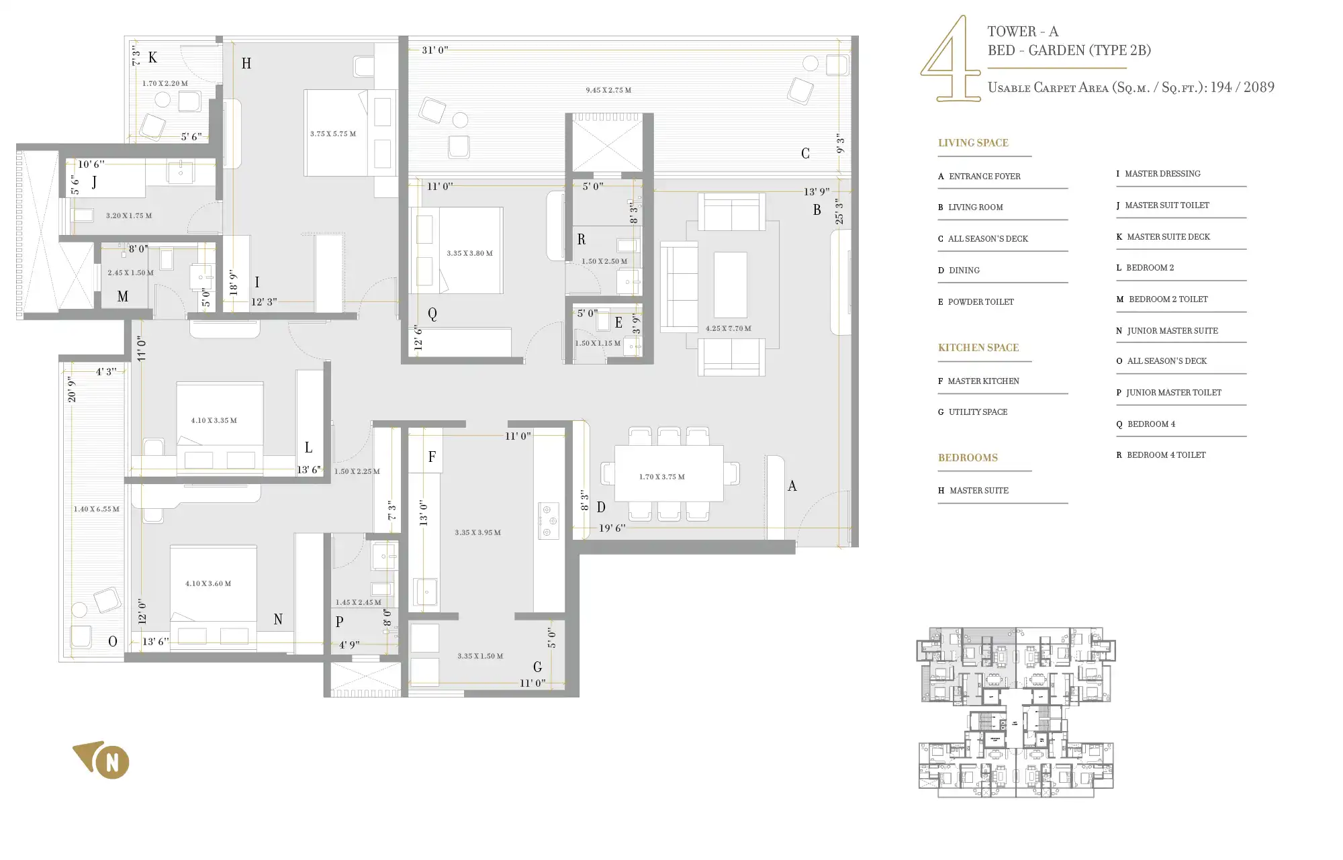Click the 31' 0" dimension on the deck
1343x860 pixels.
(434, 50)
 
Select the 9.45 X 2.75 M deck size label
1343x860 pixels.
(608, 90)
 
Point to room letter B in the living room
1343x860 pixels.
(817, 210)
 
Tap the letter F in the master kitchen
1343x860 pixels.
(432, 457)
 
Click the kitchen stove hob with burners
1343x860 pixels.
(548, 521)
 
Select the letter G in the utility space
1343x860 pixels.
(537, 667)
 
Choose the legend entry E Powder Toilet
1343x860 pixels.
(976, 302)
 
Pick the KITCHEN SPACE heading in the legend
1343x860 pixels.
(978, 348)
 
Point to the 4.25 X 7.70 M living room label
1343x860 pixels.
(728, 328)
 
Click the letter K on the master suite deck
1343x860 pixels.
(152, 58)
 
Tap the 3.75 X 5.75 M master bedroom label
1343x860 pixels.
(333, 134)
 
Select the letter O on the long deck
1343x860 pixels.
(113, 642)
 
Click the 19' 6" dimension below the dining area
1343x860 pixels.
(612, 528)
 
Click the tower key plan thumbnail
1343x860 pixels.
(1015, 713)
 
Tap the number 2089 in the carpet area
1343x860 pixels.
(1258, 87)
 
